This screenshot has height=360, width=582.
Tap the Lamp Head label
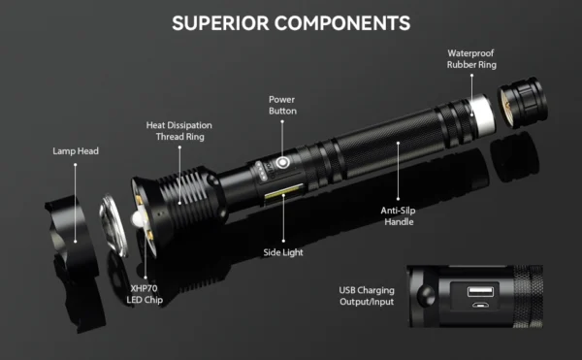(x=76, y=152)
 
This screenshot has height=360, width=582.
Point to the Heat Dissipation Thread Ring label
(x=178, y=131)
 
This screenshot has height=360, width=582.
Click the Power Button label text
(x=282, y=105)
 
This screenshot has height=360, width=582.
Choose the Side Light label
(x=283, y=251)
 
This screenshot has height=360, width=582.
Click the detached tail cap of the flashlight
(x=522, y=102)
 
